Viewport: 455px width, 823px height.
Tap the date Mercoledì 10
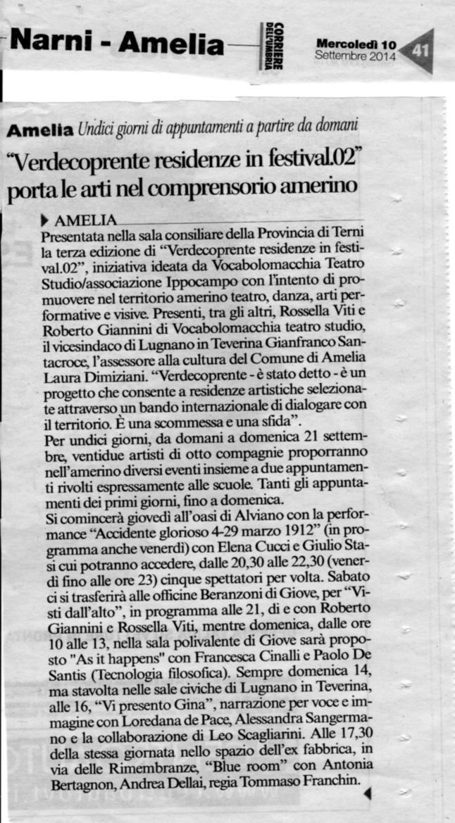(x=356, y=44)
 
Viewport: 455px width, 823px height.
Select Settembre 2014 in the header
(x=356, y=56)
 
